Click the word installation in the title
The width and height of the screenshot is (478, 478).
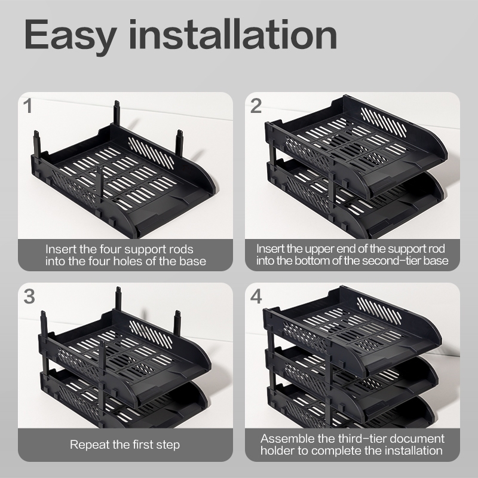tap(233, 34)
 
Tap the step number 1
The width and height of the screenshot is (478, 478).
tap(28, 106)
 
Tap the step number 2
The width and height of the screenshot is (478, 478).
tap(256, 106)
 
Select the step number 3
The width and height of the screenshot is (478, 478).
tap(29, 296)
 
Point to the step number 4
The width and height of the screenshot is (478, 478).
tap(256, 296)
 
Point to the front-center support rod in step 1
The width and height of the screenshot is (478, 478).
tap(99, 188)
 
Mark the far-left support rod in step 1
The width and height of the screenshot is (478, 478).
tap(37, 145)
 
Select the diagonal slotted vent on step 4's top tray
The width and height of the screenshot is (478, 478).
tap(379, 311)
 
